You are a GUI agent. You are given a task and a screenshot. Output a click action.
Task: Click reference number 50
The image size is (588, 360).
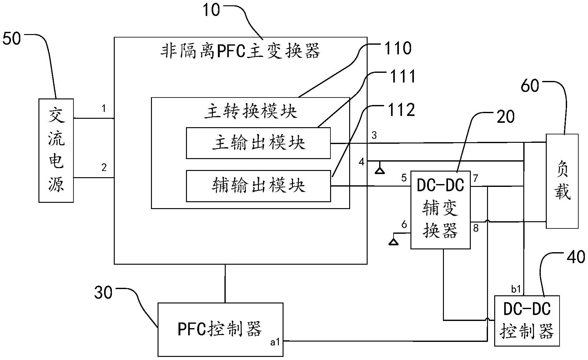[x=12, y=39]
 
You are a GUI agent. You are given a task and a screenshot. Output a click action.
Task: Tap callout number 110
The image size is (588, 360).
[x=398, y=48]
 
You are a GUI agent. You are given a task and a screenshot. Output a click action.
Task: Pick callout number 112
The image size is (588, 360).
[x=401, y=110]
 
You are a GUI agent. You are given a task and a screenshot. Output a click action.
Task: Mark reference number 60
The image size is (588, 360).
[x=530, y=86]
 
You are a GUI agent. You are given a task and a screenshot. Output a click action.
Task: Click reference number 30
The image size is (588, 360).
[x=103, y=293]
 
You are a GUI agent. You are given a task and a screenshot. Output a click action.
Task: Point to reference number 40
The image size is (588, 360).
[x=575, y=257]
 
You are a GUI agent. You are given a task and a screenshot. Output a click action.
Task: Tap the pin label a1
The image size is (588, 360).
[x=275, y=342]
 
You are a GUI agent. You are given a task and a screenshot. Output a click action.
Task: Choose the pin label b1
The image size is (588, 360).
[x=516, y=289]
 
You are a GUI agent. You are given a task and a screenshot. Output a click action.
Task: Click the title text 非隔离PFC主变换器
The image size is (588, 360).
[x=240, y=51]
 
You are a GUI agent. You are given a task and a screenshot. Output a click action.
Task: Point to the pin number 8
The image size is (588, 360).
[x=476, y=228]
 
